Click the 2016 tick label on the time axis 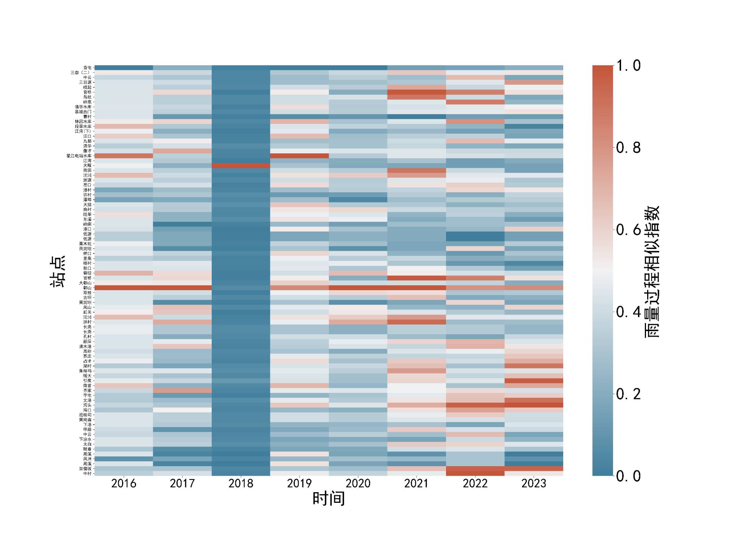(x=124, y=484)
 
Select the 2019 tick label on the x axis (x=299, y=484)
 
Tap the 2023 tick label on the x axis (x=534, y=484)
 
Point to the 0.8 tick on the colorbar (x=628, y=148)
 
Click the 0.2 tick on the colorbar (x=628, y=394)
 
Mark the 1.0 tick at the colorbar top (x=628, y=66)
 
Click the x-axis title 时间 (x=328, y=499)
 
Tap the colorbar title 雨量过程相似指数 (x=651, y=271)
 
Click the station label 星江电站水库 (x=79, y=156)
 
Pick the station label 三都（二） (x=81, y=73)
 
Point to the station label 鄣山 (x=87, y=288)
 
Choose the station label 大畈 (x=87, y=165)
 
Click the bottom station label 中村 (x=87, y=473)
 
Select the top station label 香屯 (x=87, y=68)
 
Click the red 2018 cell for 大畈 (x=241, y=165)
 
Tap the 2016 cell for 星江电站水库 (x=124, y=156)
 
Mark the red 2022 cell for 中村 (x=475, y=472)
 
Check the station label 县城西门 (x=83, y=112)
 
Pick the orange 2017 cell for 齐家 (x=182, y=390)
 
